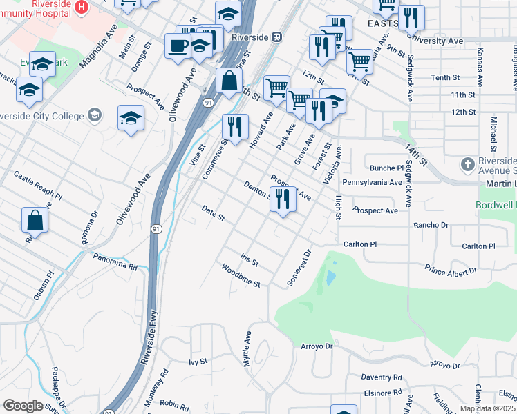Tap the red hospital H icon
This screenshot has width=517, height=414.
(82, 8)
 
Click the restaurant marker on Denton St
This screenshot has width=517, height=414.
(283, 199)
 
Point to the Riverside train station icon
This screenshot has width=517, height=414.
(276, 37)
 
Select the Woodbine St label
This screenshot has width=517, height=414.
(241, 275)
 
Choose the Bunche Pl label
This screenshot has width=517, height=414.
(386, 168)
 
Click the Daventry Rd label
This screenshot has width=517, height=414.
(381, 377)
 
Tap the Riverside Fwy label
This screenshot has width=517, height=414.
(147, 338)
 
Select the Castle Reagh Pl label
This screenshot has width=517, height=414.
(37, 186)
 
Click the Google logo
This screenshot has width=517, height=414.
(23, 406)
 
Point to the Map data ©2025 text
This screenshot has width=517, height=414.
(487, 408)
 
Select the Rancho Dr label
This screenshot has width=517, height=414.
(431, 225)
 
